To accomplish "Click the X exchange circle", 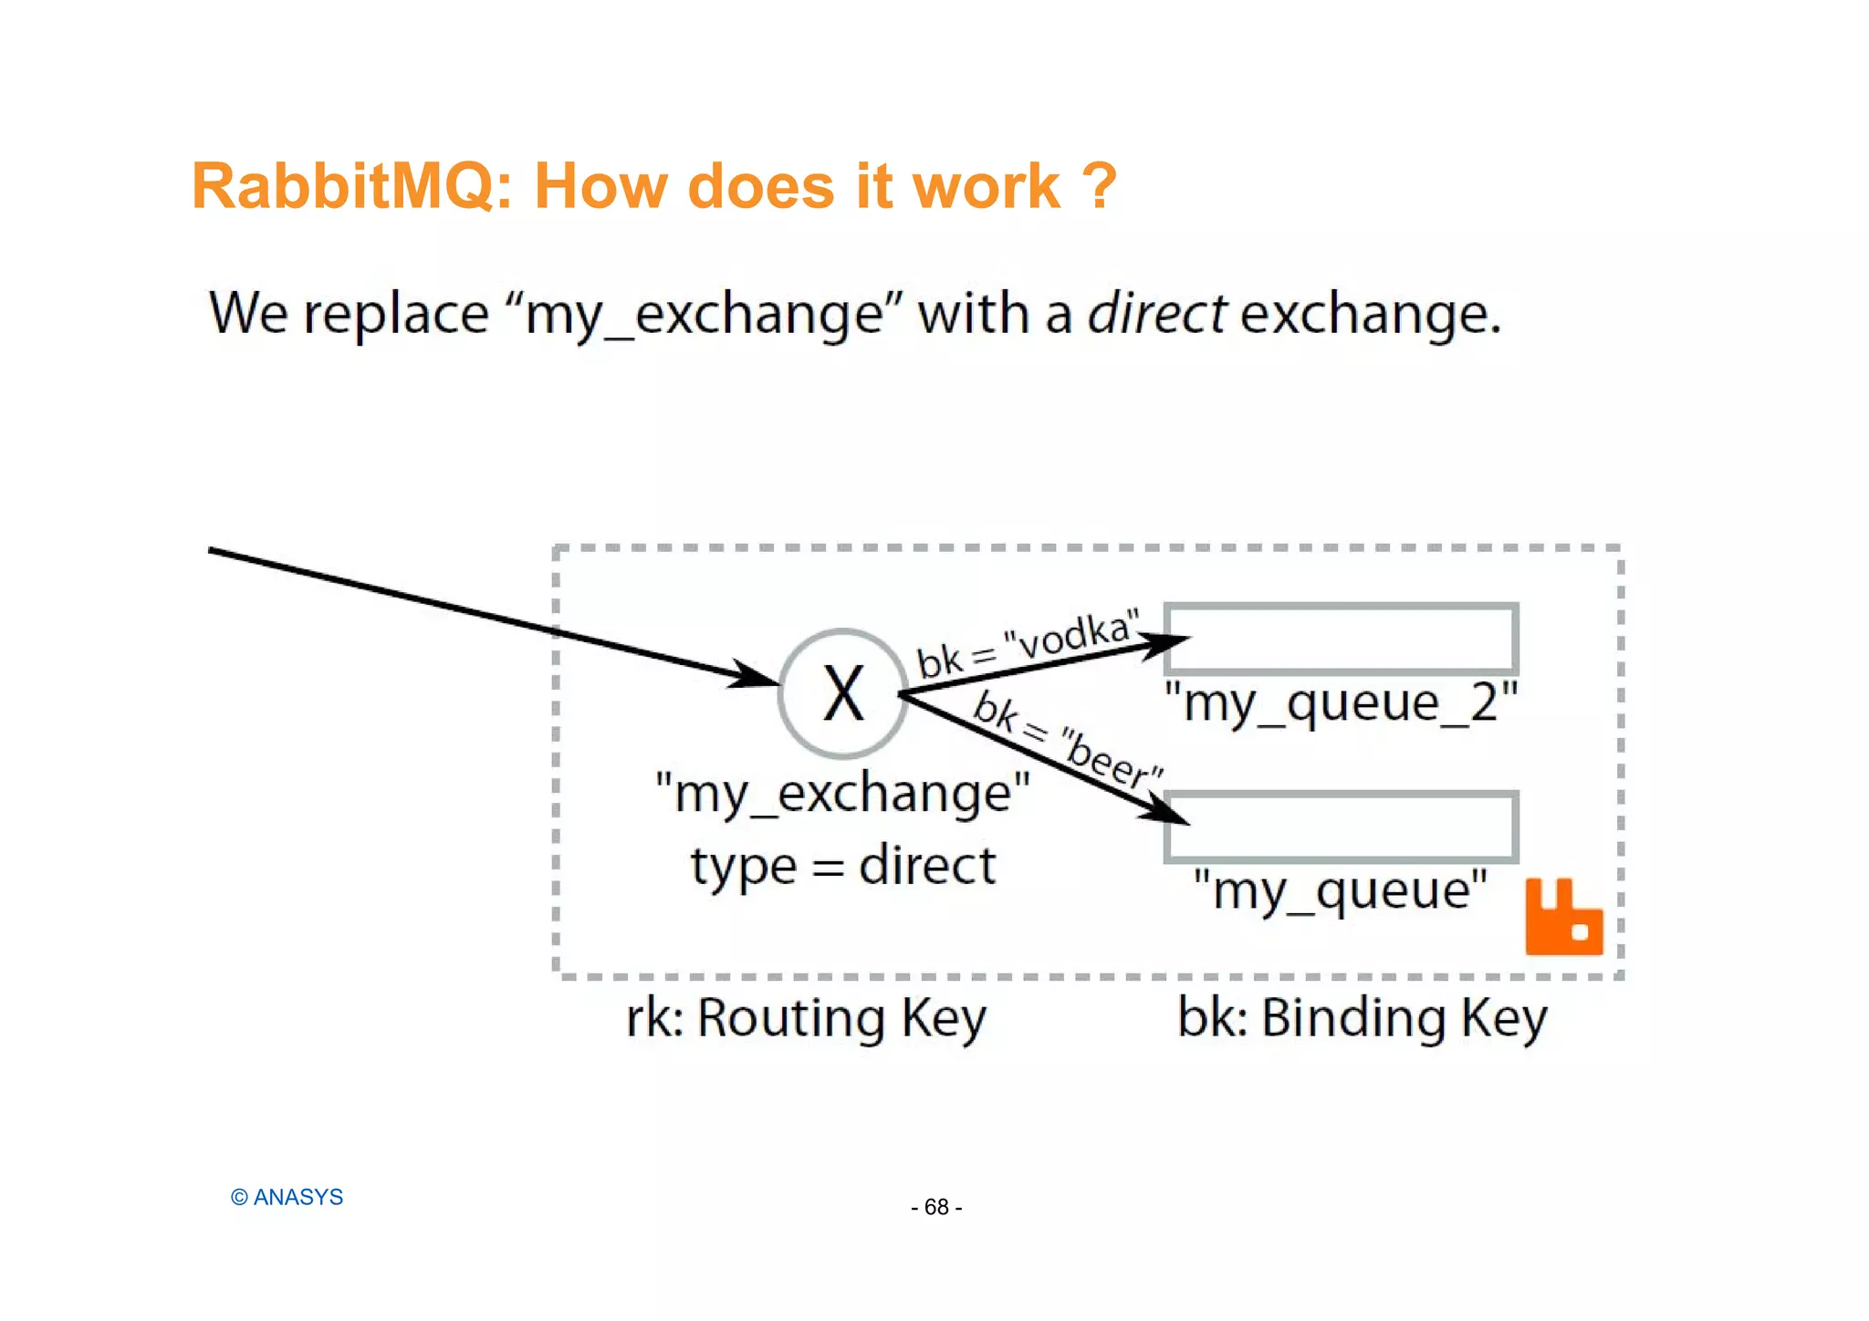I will (x=843, y=693).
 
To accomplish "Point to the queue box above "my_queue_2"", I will (x=1342, y=639).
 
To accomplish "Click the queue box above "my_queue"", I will (x=1342, y=827).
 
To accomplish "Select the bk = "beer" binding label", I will (x=1066, y=739).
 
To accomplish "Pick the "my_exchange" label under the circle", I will (x=842, y=793).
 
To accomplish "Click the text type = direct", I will (x=842, y=865).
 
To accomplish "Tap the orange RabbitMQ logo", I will (x=1563, y=918).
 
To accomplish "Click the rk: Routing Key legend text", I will (x=806, y=1017).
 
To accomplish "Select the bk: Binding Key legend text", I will (x=1362, y=1017).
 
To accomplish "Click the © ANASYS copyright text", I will (x=287, y=1197).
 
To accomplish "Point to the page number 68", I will (x=936, y=1207).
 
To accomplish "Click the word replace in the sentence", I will (x=395, y=314).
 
